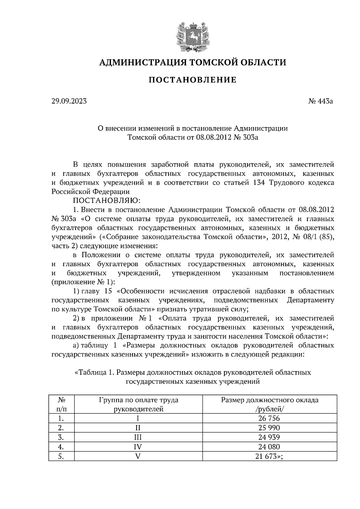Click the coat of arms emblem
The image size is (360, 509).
pyautogui.click(x=192, y=35)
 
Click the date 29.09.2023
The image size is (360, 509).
pyautogui.click(x=69, y=101)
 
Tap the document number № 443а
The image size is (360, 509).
pyautogui.click(x=321, y=101)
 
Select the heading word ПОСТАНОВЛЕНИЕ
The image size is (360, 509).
pyautogui.click(x=193, y=80)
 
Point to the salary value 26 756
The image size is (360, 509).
pyautogui.click(x=269, y=418)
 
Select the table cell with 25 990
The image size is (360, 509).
pyautogui.click(x=269, y=428)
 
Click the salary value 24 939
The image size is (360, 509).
pyautogui.click(x=269, y=437)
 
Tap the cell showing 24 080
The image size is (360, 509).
pyautogui.click(x=269, y=447)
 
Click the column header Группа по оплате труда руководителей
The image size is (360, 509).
pyautogui.click(x=138, y=404)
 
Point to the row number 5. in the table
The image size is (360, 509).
pyautogui.click(x=61, y=456)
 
